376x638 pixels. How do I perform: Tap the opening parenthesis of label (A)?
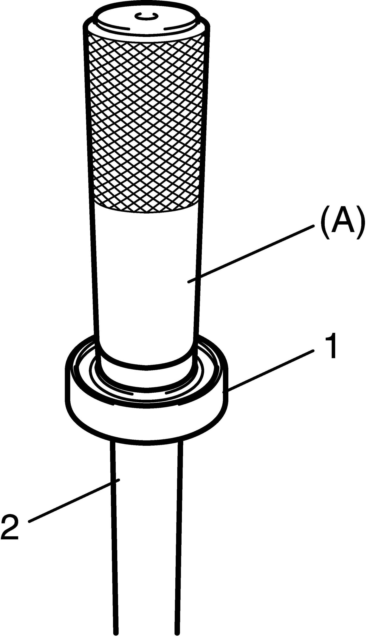[x=325, y=223]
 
